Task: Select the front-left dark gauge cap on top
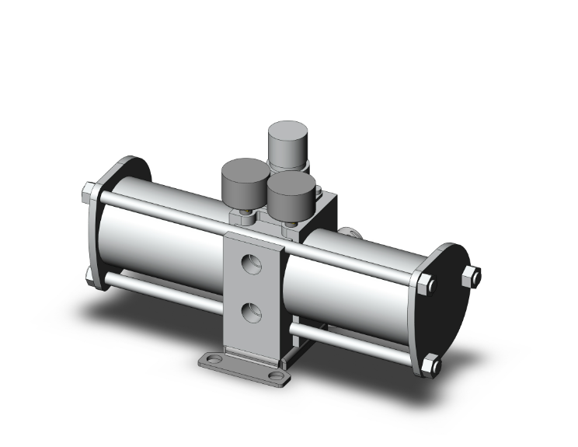tap(240, 180)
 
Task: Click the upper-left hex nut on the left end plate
tap(89, 191)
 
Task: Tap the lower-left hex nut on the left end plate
tap(90, 274)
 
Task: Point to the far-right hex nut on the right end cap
tap(471, 275)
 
